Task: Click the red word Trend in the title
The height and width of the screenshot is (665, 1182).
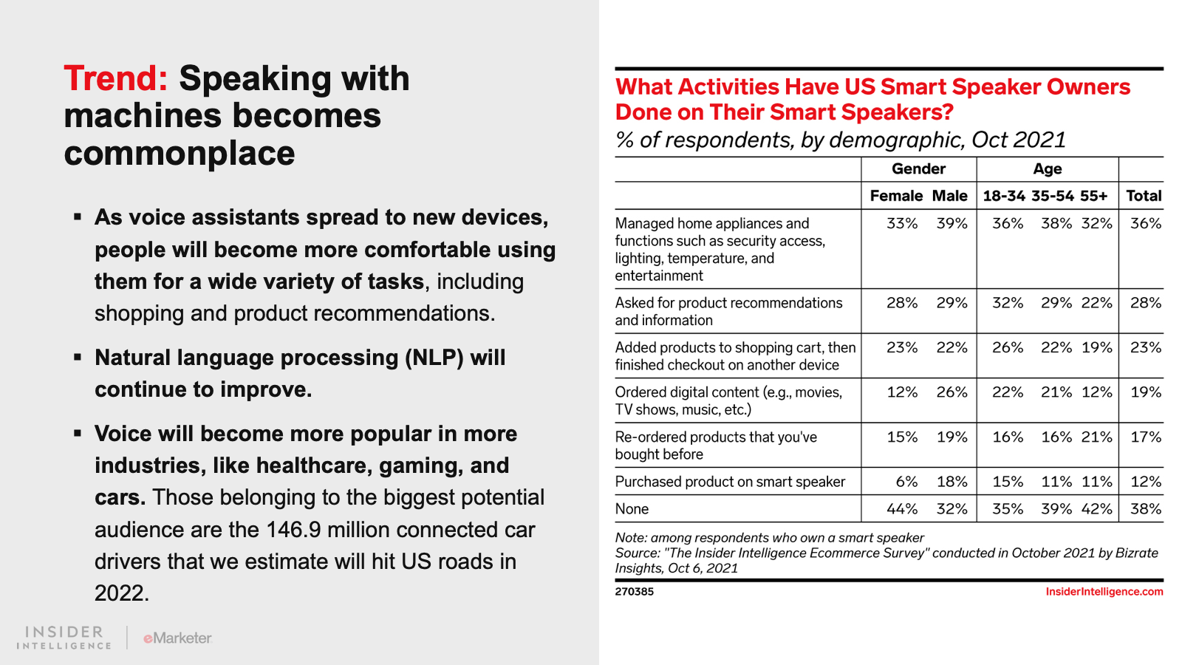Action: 116,79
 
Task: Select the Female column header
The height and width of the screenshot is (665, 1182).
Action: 896,196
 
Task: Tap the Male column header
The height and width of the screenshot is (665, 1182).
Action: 949,196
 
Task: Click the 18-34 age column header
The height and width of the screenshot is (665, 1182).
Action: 1004,196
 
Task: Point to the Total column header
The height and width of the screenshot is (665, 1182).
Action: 1144,196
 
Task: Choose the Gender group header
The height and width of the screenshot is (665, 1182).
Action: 918,169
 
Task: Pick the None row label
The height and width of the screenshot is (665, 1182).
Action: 632,509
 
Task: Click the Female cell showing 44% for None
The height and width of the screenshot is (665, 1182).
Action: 902,509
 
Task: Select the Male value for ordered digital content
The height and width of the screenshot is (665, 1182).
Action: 952,392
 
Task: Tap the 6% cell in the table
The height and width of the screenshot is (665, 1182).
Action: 906,482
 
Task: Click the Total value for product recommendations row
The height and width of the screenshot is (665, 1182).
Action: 1145,303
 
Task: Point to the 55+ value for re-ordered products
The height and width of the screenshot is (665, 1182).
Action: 1096,437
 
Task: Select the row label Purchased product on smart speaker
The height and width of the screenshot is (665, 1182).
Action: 730,482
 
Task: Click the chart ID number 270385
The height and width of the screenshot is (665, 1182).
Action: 634,592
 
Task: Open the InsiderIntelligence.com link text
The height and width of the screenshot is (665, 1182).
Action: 1104,592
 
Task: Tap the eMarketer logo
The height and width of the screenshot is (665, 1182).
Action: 177,638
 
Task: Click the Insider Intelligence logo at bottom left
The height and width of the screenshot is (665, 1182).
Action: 64,638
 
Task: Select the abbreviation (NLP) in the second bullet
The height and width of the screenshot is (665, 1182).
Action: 434,358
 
